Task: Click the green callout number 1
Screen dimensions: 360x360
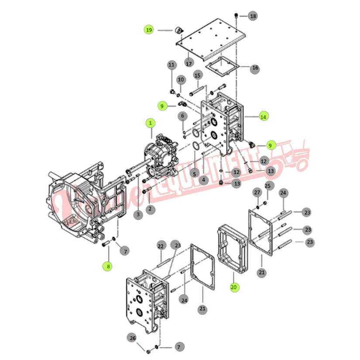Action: click(150, 123)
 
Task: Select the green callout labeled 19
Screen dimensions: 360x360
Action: click(149, 30)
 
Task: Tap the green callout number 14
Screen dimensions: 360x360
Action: click(263, 117)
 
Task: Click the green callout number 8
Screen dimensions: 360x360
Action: click(107, 265)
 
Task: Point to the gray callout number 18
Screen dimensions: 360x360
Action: click(253, 16)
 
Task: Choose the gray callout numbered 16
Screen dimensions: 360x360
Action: click(255, 69)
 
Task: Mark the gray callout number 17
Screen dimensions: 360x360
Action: click(189, 63)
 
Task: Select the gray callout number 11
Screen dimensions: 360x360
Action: click(171, 65)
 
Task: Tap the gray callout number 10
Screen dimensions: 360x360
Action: click(181, 80)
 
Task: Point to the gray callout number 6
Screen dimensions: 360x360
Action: click(183, 116)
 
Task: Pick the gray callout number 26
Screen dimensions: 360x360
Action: click(133, 337)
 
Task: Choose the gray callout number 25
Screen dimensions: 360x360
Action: click(268, 187)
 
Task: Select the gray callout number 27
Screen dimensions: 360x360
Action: click(257, 192)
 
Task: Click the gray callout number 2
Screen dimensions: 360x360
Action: click(150, 209)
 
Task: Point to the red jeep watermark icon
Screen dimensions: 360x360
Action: click(288, 157)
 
